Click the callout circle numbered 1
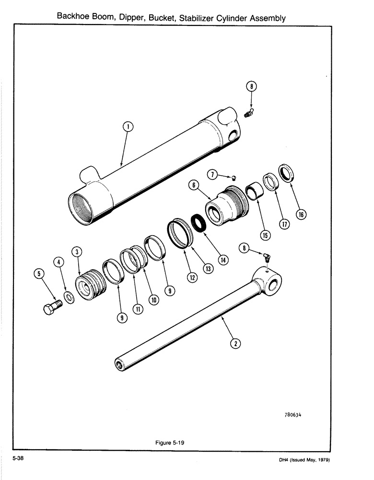128,127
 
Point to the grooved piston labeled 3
91,287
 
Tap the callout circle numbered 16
301,214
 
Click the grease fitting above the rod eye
265,257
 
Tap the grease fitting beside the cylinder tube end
248,114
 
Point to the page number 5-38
19,459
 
